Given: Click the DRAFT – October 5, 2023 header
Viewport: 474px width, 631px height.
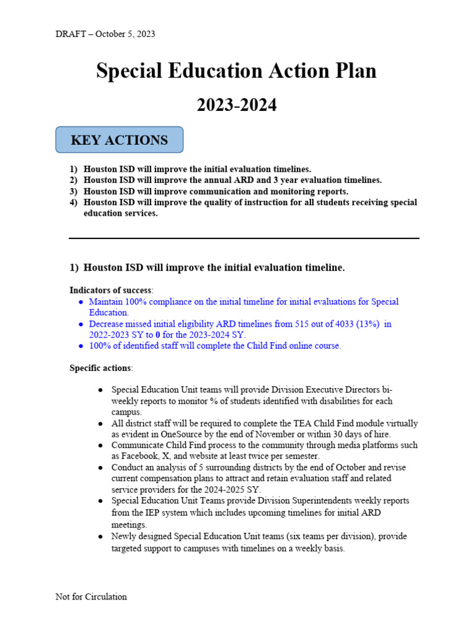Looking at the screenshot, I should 105,34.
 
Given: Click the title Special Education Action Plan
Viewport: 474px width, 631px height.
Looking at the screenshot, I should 236,71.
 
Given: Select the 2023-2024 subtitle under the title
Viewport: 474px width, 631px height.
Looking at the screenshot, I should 236,105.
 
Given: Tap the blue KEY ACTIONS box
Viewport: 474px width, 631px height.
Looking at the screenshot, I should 119,140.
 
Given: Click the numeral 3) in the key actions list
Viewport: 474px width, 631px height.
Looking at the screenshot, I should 73,191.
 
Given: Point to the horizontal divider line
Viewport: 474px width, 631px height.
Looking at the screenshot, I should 244,238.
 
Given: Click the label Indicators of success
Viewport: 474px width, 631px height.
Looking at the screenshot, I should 110,290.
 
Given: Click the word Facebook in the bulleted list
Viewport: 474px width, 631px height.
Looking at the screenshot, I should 131,456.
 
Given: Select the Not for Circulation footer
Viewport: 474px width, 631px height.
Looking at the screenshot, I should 91,596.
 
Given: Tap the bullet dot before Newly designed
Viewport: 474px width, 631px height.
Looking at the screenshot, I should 101,536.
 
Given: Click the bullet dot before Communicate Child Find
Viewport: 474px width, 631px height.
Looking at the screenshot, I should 101,445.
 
